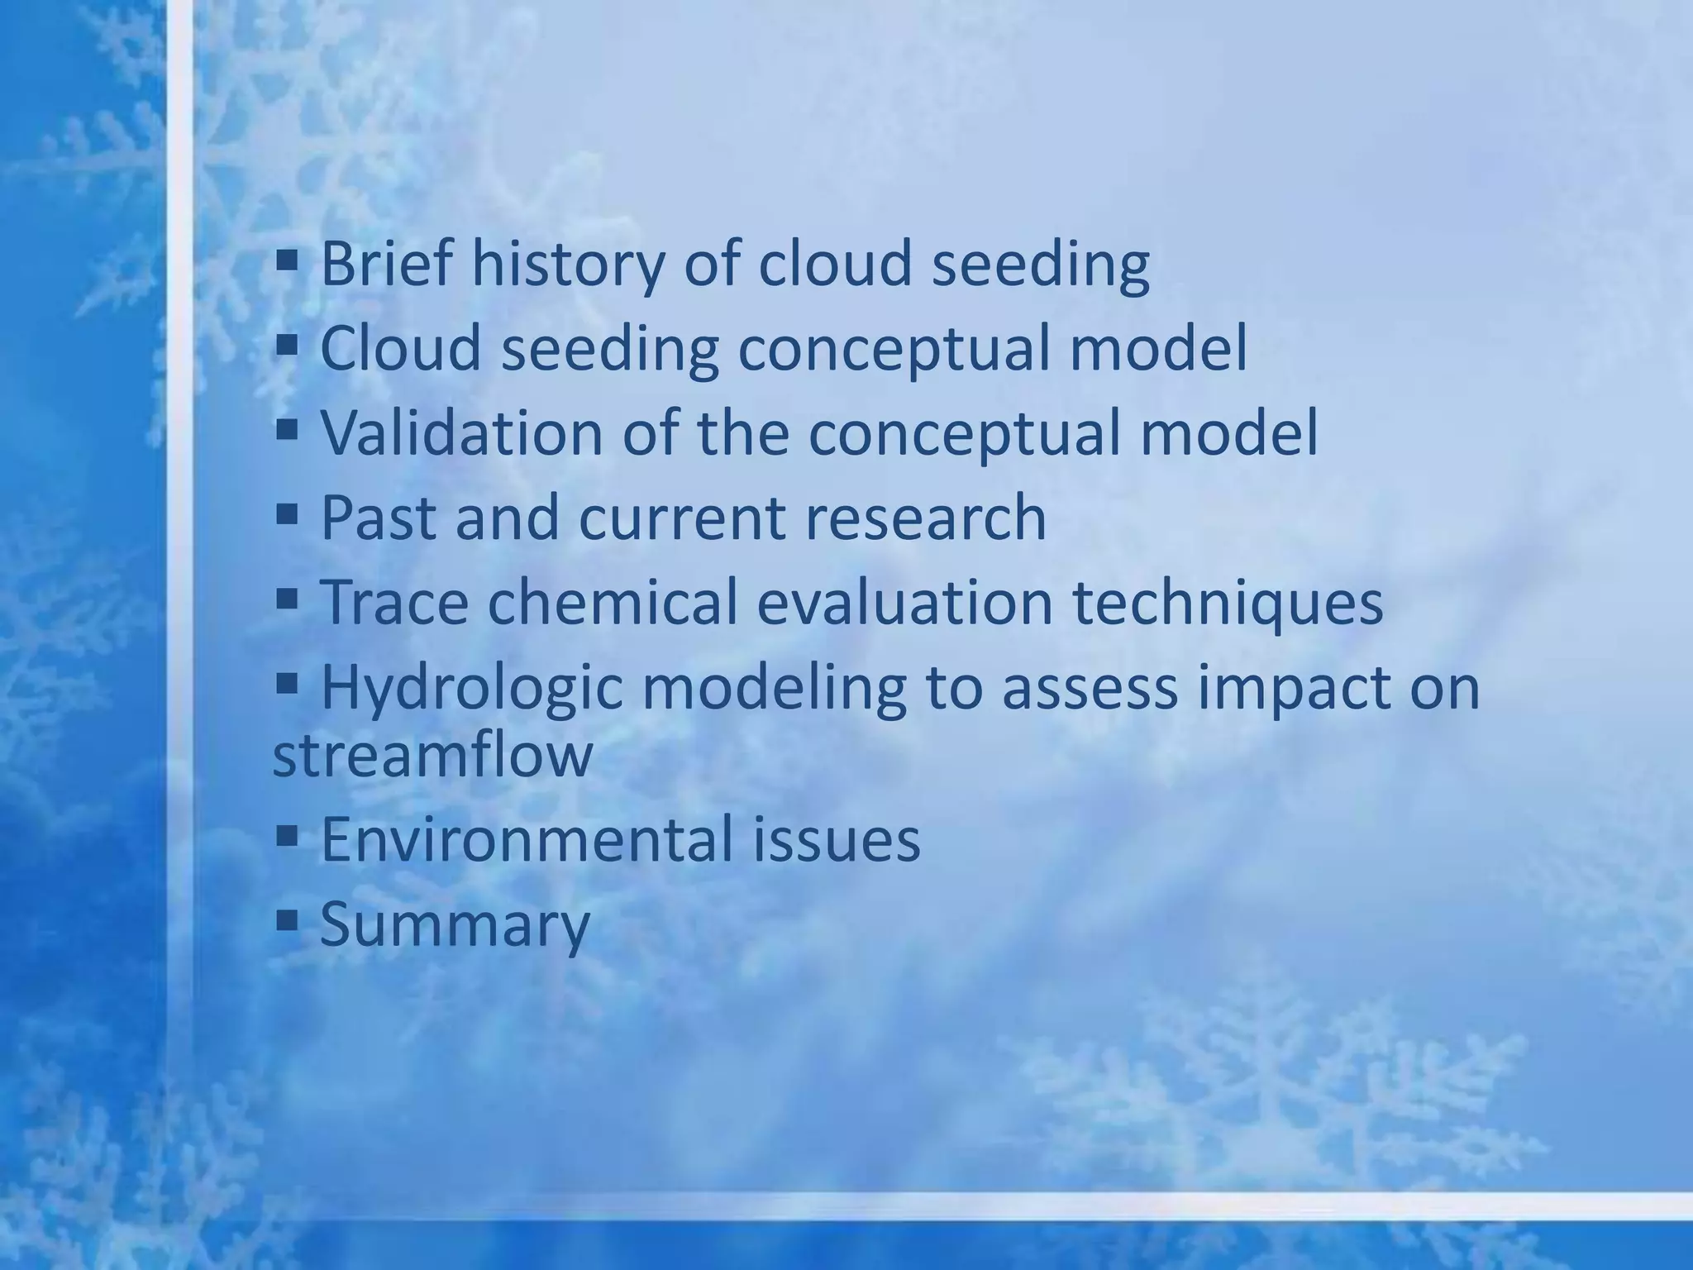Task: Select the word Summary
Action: (455, 924)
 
